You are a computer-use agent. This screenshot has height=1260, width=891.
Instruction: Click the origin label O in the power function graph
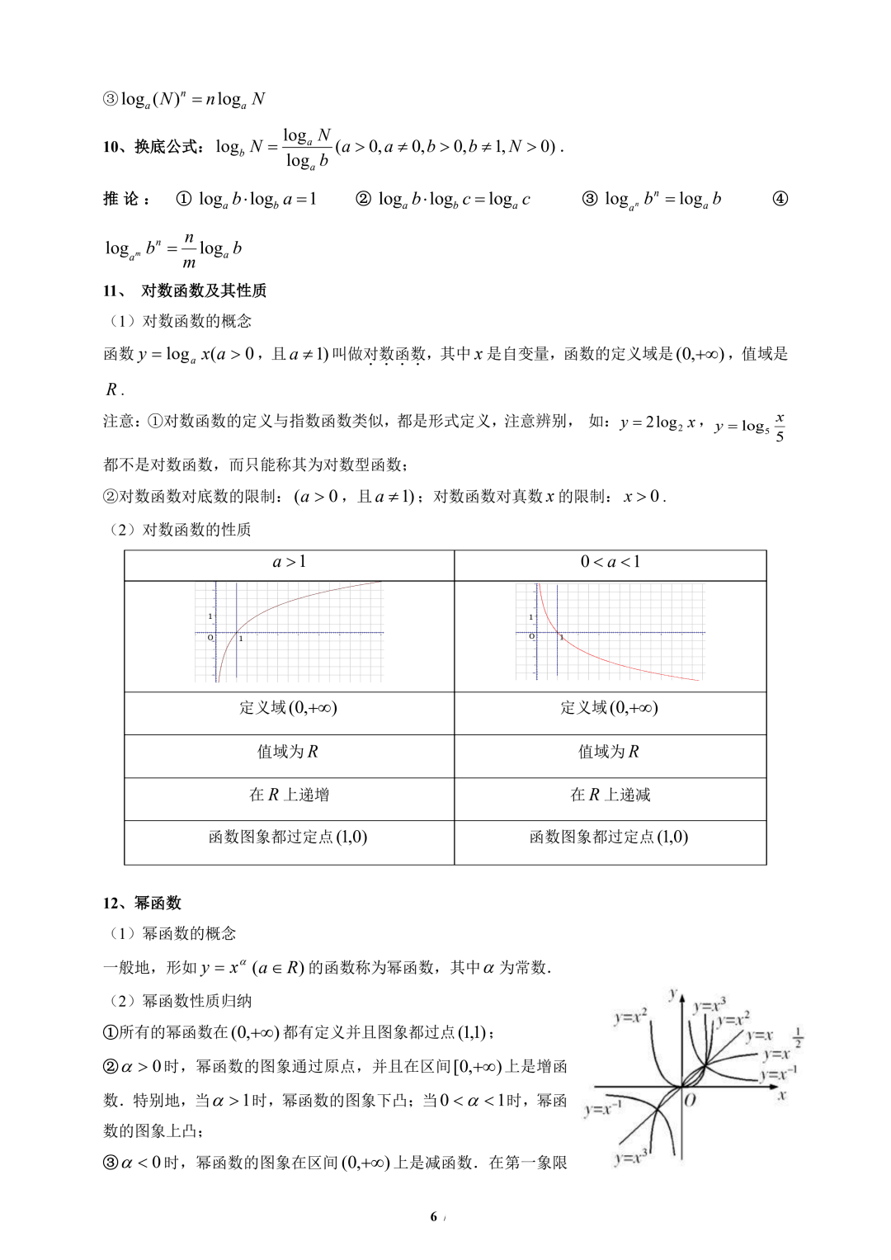click(691, 1100)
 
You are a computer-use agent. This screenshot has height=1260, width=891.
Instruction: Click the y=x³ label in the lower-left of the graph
click(631, 1157)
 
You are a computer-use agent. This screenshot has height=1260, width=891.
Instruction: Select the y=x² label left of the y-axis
click(630, 1017)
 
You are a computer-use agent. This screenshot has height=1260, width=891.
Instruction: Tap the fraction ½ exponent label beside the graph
click(798, 1036)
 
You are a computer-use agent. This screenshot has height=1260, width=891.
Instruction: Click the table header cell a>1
click(289, 563)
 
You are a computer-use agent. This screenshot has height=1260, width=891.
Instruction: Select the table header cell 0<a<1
click(610, 563)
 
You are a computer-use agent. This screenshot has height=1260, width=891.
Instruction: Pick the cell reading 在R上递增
click(289, 795)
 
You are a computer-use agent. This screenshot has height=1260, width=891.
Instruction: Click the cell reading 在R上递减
click(610, 795)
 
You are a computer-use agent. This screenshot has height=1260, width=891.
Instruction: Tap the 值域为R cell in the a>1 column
click(289, 752)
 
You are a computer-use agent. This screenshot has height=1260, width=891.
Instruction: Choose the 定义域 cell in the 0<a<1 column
click(610, 708)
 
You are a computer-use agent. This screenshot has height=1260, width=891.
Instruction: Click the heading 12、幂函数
click(142, 903)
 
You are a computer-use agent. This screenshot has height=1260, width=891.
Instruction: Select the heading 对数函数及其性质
click(203, 290)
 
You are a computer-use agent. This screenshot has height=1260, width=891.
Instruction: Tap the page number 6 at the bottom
click(433, 1217)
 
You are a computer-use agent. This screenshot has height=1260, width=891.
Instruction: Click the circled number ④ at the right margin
click(780, 199)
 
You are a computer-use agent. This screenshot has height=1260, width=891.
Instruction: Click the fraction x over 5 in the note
click(780, 427)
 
